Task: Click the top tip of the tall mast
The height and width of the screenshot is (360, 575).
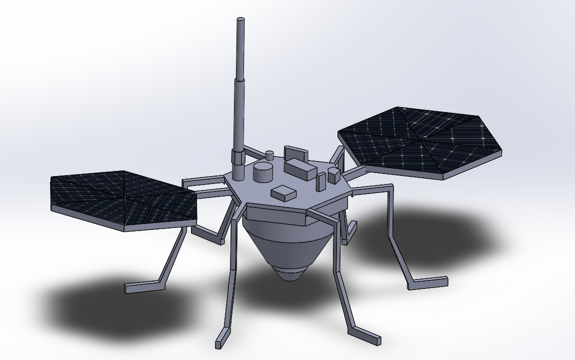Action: click(240, 20)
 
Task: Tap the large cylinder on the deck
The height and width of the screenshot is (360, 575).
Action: click(263, 172)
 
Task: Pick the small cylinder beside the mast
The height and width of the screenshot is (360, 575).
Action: click(270, 155)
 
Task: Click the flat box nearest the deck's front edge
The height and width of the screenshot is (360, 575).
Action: click(283, 193)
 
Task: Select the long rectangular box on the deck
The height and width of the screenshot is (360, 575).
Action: click(300, 169)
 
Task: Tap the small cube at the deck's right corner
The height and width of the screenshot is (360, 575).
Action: click(333, 174)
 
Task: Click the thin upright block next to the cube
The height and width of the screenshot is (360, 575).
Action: click(321, 181)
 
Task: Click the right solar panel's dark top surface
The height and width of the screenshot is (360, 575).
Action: click(420, 140)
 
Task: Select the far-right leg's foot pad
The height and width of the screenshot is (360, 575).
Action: click(428, 283)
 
